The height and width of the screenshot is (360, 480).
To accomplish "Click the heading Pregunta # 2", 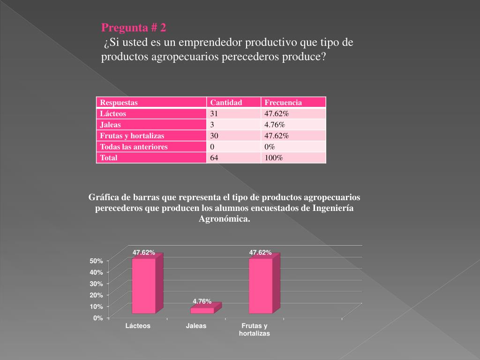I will click(134, 27).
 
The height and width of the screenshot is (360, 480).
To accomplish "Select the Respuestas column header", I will click(119, 103).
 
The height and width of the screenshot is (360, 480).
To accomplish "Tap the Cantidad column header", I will click(226, 103).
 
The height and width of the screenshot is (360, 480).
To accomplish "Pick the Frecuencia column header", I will click(283, 103).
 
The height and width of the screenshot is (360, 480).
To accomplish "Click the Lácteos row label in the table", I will click(113, 113).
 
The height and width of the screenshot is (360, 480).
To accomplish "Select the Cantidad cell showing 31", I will click(214, 113).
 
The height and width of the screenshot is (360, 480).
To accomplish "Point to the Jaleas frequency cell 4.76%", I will click(275, 125).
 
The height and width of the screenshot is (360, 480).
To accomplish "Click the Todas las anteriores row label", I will click(134, 147).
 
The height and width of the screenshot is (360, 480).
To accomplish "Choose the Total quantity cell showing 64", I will click(214, 158).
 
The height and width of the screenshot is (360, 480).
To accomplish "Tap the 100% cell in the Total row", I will click(274, 158).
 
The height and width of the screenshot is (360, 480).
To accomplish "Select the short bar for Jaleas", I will click(202, 310).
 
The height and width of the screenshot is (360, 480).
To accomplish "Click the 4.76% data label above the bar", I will click(202, 301).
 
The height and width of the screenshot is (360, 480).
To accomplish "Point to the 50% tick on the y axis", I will click(97, 261).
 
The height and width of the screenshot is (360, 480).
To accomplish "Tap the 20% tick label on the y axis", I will click(97, 295).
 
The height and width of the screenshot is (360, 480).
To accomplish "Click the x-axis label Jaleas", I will click(196, 326).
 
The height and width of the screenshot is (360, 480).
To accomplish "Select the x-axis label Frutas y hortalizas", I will click(255, 330).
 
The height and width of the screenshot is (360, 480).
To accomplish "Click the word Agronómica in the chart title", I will click(225, 219).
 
